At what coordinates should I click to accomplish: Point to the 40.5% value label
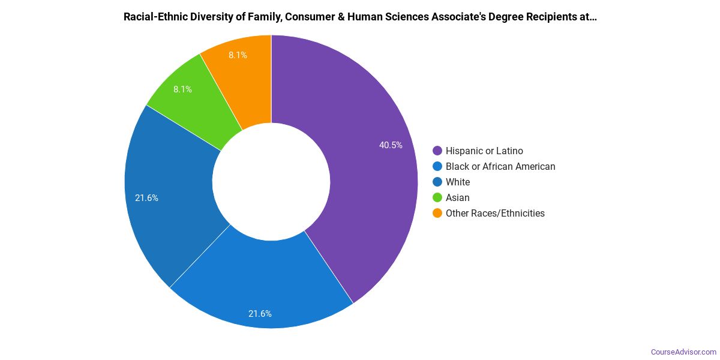click(391, 145)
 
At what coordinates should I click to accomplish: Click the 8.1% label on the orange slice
click(238, 55)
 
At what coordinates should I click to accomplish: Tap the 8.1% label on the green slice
click(183, 89)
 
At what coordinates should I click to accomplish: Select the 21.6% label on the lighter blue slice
click(260, 313)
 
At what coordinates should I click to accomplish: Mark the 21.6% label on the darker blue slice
click(146, 197)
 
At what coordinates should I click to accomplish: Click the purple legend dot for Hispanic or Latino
click(437, 151)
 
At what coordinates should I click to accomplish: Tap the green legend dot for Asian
click(437, 197)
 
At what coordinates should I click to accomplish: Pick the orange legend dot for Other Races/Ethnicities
click(437, 213)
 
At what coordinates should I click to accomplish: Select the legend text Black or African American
click(500, 166)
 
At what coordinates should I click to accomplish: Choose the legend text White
click(458, 182)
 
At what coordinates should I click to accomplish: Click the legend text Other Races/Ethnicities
click(495, 213)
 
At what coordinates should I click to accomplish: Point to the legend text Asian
click(458, 197)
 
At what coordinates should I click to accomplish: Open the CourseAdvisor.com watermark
click(683, 352)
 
